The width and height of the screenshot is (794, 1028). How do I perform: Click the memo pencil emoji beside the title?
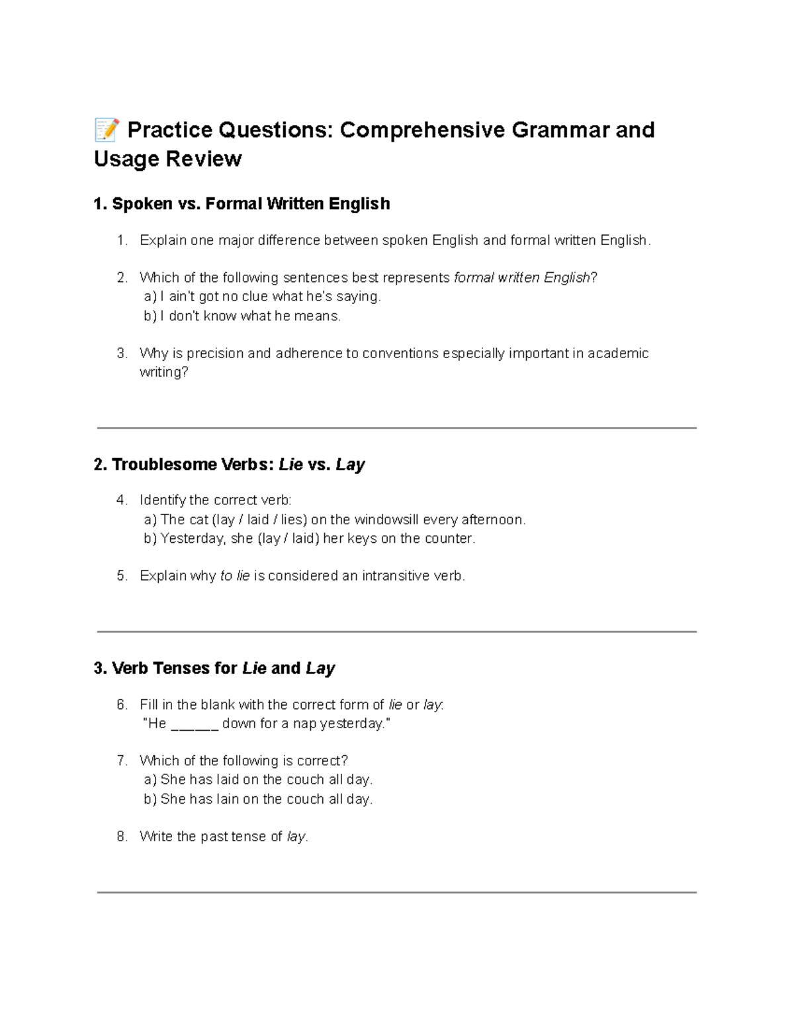pyautogui.click(x=107, y=130)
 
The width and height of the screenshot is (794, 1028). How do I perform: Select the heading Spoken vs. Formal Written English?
pyautogui.click(x=242, y=204)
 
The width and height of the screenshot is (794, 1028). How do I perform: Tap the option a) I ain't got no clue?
pyautogui.click(x=262, y=297)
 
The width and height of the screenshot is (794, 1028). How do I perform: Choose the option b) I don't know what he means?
pyautogui.click(x=242, y=316)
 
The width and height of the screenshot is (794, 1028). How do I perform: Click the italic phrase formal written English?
pyautogui.click(x=521, y=278)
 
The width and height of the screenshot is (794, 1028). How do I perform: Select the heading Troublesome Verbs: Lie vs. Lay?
pyautogui.click(x=229, y=465)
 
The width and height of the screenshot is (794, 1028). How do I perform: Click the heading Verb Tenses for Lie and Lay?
pyautogui.click(x=214, y=669)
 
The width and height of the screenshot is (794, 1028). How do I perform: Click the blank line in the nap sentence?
pyautogui.click(x=195, y=724)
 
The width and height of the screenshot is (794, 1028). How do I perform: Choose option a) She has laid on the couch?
pyautogui.click(x=258, y=780)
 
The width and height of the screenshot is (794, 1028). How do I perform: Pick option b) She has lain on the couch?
pyautogui.click(x=258, y=800)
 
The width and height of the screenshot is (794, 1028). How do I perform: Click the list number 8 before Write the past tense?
pyautogui.click(x=122, y=837)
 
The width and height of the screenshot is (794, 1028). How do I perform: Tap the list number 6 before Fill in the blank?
pyautogui.click(x=122, y=705)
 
